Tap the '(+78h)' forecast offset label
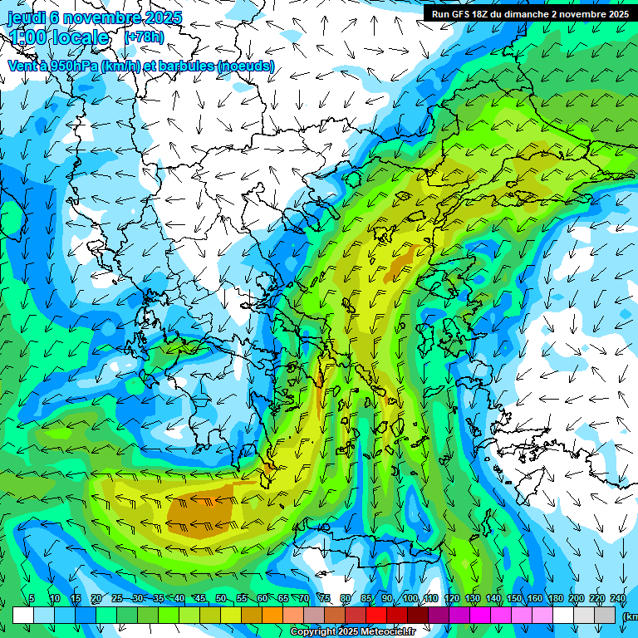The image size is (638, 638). [x=144, y=37]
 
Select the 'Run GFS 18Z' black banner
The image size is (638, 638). [x=528, y=13]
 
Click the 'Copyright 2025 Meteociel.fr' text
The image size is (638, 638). [x=353, y=632]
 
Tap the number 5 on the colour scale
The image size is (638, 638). [x=32, y=599]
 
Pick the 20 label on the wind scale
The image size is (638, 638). [x=96, y=599]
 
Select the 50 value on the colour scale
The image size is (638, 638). [x=220, y=599]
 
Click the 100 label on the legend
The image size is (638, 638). [x=410, y=599]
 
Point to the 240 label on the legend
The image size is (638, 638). [x=617, y=599]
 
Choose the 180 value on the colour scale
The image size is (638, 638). [x=555, y=599]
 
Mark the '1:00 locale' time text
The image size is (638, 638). [x=60, y=37]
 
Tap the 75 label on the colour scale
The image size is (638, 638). [x=325, y=599]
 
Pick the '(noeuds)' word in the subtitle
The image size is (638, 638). [x=246, y=66]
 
